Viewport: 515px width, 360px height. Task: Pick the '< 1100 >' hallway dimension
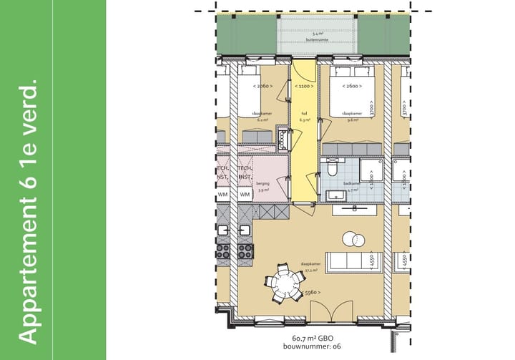(304, 86)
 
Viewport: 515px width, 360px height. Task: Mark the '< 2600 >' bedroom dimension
(351, 86)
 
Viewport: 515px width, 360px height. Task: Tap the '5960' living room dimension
(311, 293)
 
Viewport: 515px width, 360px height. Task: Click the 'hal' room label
(304, 113)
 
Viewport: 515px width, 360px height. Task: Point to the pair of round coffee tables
(352, 240)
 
